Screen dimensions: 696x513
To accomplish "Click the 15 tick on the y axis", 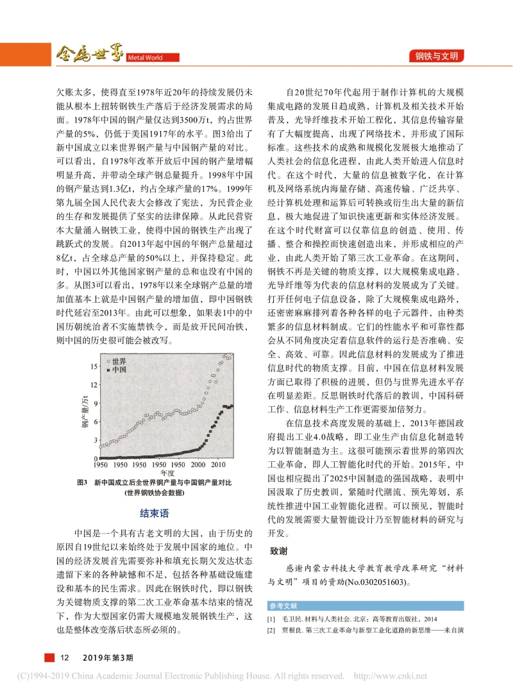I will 93,366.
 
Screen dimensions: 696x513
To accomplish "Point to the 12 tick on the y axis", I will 93,384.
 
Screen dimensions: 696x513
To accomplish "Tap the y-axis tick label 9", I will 94,403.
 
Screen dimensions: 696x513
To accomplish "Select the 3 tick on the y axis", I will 94,439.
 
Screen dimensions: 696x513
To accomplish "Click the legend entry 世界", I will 116,362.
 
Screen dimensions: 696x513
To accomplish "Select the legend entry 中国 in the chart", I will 116,370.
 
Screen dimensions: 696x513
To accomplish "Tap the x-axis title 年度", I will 167,472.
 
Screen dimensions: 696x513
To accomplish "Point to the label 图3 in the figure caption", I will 81,482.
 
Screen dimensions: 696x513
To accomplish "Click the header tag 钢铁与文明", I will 437,56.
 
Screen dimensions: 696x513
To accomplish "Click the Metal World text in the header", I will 144,56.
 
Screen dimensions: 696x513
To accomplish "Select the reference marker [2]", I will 271,631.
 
